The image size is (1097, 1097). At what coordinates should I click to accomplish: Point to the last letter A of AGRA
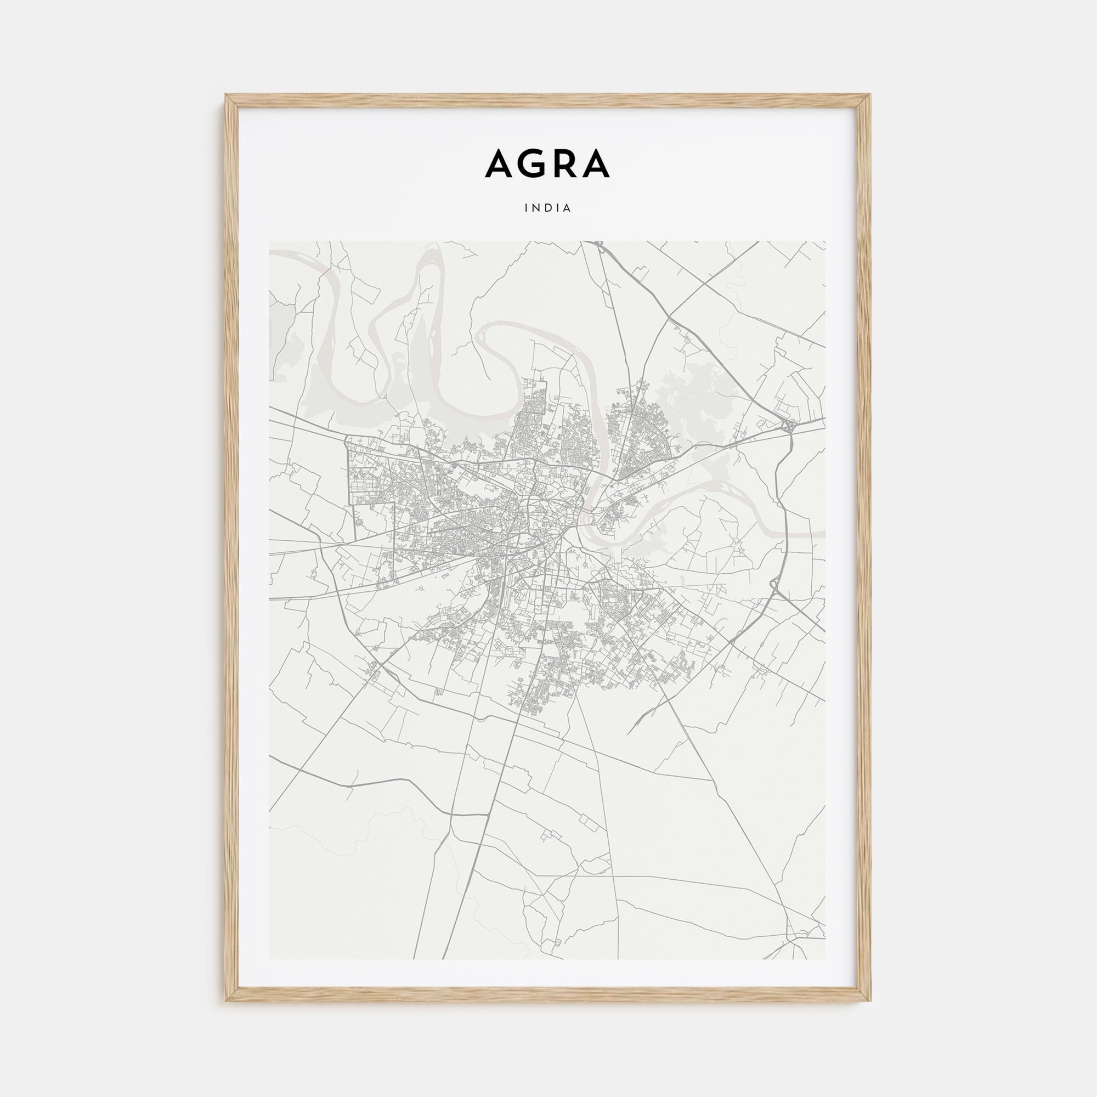596,163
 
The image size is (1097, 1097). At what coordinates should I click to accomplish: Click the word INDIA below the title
548,208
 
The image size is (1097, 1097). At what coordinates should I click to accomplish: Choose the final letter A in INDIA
567,208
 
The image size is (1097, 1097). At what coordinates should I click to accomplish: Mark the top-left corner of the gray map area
270,241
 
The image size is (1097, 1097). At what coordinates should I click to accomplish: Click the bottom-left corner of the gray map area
270,959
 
